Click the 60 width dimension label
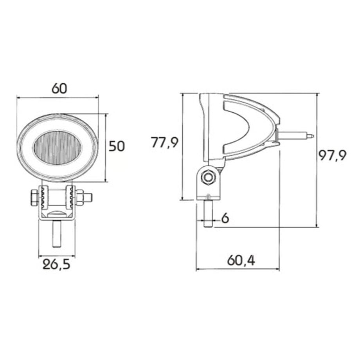[x=59, y=88]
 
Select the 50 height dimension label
[x=117, y=146]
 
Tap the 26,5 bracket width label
[x=56, y=265]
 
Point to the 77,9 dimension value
[x=164, y=142]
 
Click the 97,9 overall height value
[x=332, y=155]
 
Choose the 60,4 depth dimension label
[x=241, y=261]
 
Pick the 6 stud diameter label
[x=225, y=218]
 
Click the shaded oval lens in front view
[x=58, y=148]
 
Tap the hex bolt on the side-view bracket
[x=208, y=177]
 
